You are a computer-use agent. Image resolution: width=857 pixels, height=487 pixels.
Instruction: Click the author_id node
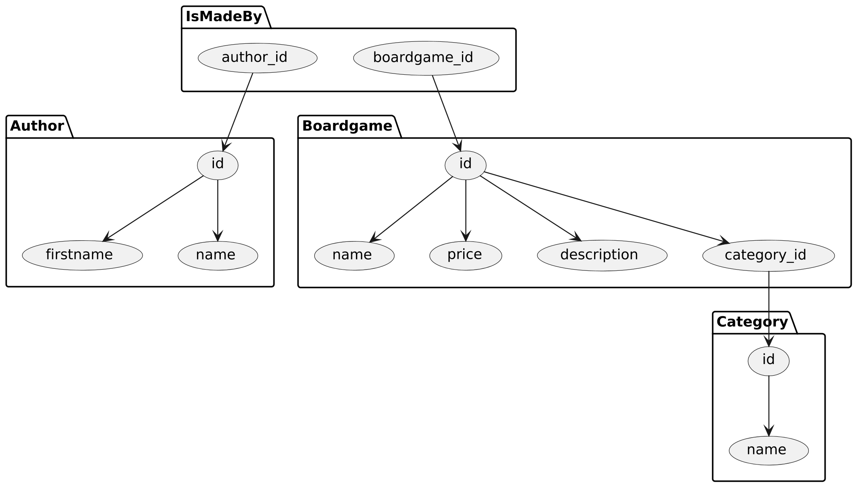(257, 58)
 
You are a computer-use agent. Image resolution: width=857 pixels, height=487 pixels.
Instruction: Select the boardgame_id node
(426, 58)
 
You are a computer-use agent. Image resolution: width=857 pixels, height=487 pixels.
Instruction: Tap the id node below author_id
(218, 165)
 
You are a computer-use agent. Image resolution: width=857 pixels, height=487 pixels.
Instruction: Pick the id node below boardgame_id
(465, 165)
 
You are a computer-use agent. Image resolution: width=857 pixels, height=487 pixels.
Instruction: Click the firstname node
(82, 255)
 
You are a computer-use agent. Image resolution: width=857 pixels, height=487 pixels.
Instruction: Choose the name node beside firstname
(218, 255)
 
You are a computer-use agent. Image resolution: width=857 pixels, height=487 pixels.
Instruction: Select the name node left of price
(354, 255)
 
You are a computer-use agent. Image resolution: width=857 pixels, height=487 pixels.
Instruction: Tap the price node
(465, 255)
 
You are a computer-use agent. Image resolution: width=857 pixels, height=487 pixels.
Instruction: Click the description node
(602, 255)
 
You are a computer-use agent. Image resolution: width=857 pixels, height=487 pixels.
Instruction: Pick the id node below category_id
(768, 361)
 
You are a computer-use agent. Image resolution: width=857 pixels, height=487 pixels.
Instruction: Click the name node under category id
(768, 450)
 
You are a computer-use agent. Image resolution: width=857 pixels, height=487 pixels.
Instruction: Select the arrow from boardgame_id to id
(446, 110)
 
